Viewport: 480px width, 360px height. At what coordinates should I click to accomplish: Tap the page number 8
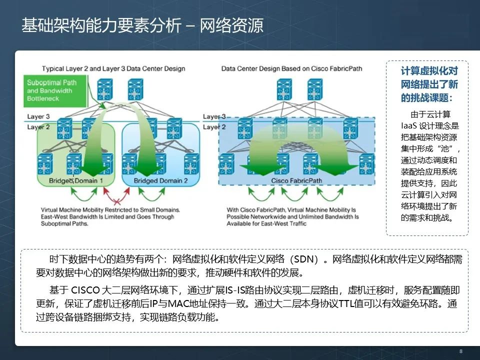[461, 351]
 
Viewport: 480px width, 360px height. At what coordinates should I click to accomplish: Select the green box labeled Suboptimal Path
[52, 90]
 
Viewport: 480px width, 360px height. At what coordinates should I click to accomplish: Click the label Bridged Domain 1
[76, 180]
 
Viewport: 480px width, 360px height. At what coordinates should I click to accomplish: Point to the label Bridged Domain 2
[161, 180]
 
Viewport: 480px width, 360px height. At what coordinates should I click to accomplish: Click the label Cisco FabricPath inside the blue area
[296, 180]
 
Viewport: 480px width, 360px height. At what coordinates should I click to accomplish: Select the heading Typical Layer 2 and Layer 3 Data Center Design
[113, 68]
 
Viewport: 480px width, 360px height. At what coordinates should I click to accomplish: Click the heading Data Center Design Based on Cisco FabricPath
[291, 68]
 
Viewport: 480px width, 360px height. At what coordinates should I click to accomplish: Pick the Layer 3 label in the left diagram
[38, 117]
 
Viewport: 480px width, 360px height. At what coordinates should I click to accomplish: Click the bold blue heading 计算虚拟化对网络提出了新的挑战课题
[429, 83]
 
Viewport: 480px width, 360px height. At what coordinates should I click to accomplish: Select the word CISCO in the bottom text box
[85, 290]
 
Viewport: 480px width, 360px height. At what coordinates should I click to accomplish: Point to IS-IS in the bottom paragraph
[237, 290]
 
